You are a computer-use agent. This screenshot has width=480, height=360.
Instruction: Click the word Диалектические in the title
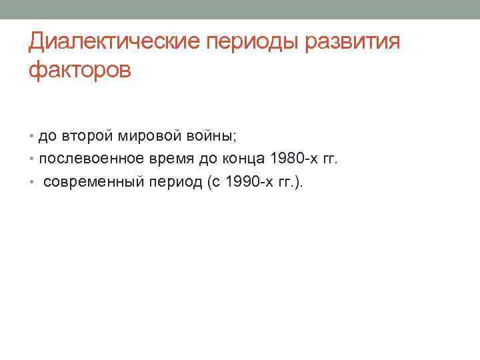[115, 42]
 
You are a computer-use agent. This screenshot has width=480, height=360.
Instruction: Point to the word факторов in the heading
[80, 69]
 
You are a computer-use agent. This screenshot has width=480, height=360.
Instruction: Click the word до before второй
[47, 137]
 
